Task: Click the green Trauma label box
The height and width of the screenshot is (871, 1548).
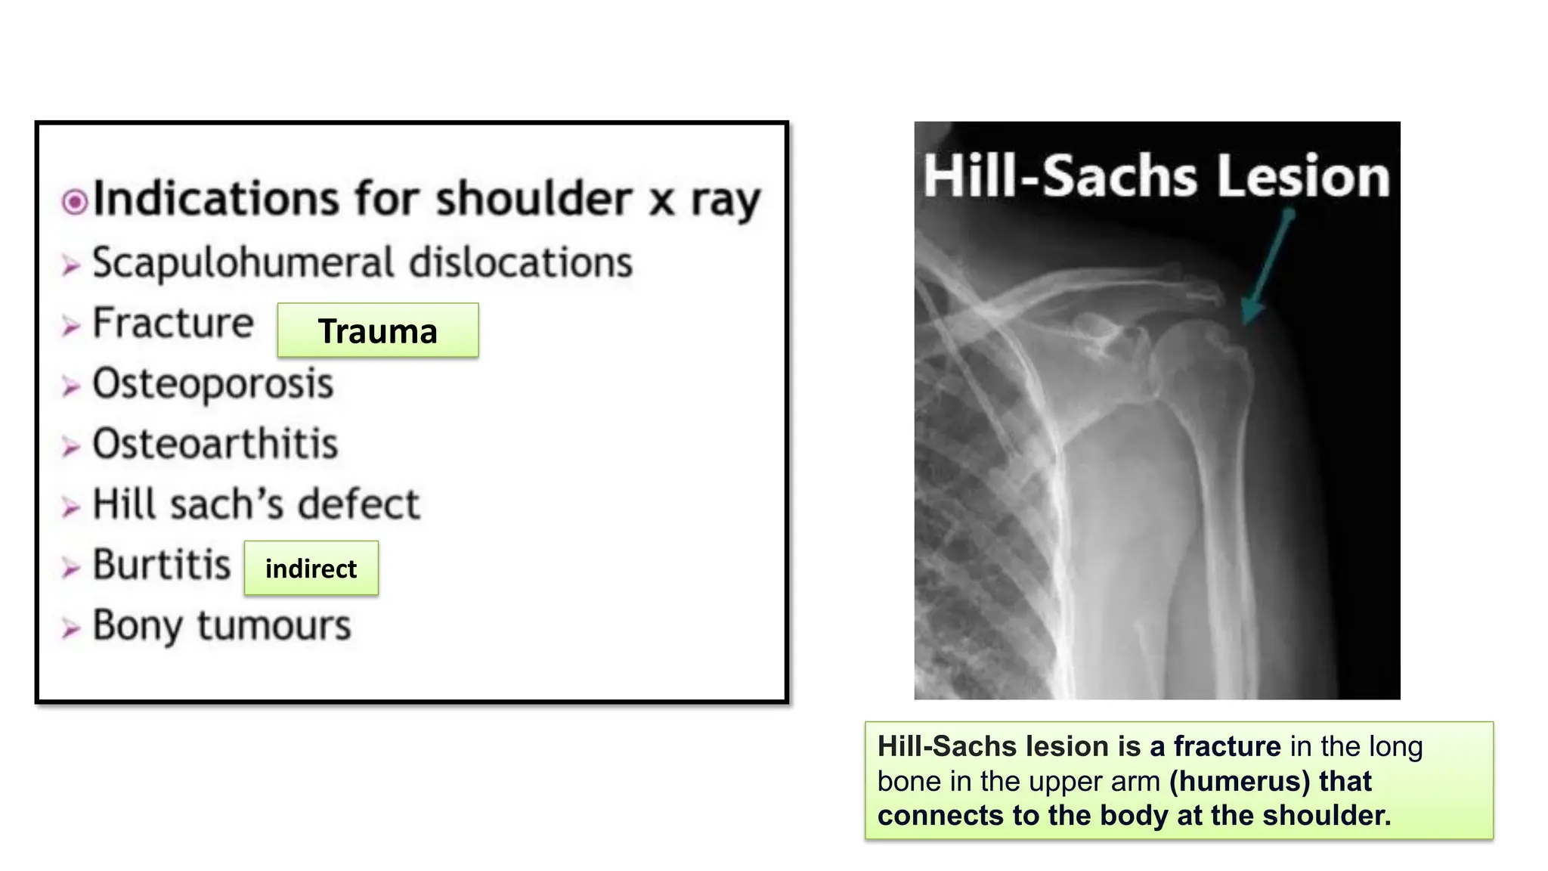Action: click(377, 330)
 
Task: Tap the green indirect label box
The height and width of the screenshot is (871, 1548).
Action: click(311, 568)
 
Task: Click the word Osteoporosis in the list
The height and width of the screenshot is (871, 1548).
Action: click(212, 383)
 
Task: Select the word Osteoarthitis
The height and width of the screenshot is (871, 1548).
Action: click(215, 444)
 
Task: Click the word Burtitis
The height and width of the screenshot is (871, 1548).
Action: click(161, 565)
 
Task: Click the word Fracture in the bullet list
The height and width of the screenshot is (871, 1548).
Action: click(172, 323)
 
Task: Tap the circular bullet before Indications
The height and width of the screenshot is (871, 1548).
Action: click(75, 202)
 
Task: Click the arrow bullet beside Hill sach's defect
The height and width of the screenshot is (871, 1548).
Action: click(70, 507)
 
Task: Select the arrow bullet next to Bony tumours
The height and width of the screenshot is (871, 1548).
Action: click(70, 628)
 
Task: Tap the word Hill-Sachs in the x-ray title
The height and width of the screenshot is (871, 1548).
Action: click(1060, 176)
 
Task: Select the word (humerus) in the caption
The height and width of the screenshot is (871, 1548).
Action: click(1239, 781)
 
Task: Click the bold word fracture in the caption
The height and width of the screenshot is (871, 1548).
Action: click(1227, 746)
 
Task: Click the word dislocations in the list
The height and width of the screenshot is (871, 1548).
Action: click(520, 263)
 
